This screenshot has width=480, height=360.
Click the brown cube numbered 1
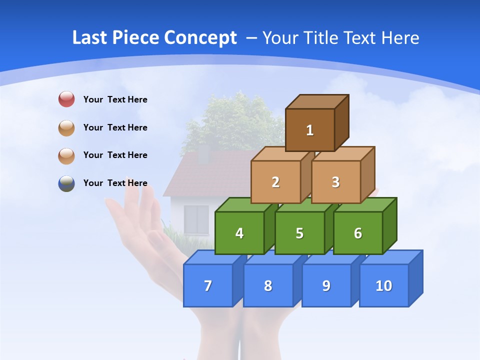tap(310, 130)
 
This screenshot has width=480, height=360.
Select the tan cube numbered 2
tap(275, 182)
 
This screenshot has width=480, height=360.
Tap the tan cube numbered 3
tap(335, 182)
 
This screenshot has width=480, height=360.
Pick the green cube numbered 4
tap(239, 233)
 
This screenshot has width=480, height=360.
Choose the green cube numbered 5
tap(299, 233)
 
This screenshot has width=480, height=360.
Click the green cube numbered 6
tap(357, 233)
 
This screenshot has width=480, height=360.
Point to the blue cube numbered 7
tap(208, 285)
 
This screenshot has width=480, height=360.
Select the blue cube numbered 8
tap(268, 285)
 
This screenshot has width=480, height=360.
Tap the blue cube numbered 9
tap(326, 285)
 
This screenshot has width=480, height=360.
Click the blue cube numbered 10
tap(383, 285)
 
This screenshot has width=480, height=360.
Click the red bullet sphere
tap(66, 99)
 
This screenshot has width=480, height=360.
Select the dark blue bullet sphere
tap(66, 183)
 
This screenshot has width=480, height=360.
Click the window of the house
tap(196, 219)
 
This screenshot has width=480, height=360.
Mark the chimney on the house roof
tap(203, 154)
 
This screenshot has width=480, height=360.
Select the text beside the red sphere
tap(115, 99)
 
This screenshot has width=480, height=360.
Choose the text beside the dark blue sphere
tap(115, 183)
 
